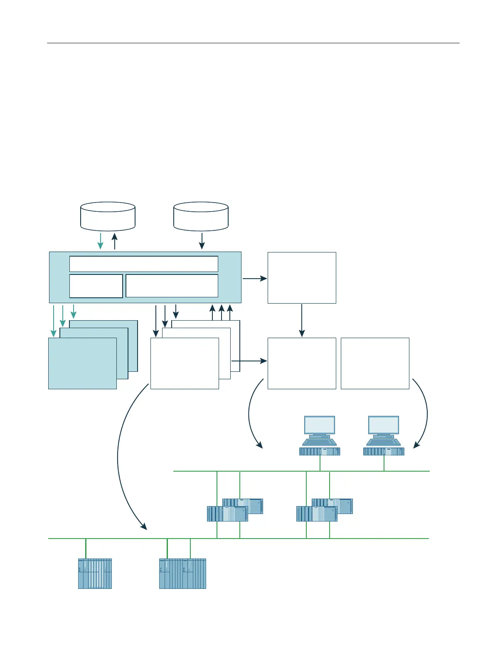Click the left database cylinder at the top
click(x=108, y=216)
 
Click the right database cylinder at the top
click(x=201, y=216)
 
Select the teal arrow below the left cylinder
click(x=101, y=241)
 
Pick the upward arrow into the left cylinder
click(x=115, y=241)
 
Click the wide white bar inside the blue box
click(x=143, y=264)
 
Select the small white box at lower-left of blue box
click(x=96, y=286)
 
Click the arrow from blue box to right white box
click(x=254, y=278)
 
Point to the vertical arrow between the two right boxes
click(x=302, y=320)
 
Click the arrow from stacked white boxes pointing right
click(x=249, y=361)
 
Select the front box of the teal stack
click(x=82, y=363)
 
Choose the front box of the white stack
click(x=185, y=363)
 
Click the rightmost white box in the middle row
click(x=375, y=363)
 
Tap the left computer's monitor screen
click(x=319, y=425)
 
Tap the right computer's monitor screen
click(x=383, y=425)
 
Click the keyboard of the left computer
click(x=319, y=442)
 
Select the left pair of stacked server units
click(x=235, y=510)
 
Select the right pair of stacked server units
click(x=324, y=510)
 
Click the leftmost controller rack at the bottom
click(x=95, y=573)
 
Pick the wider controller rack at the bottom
click(x=182, y=573)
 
